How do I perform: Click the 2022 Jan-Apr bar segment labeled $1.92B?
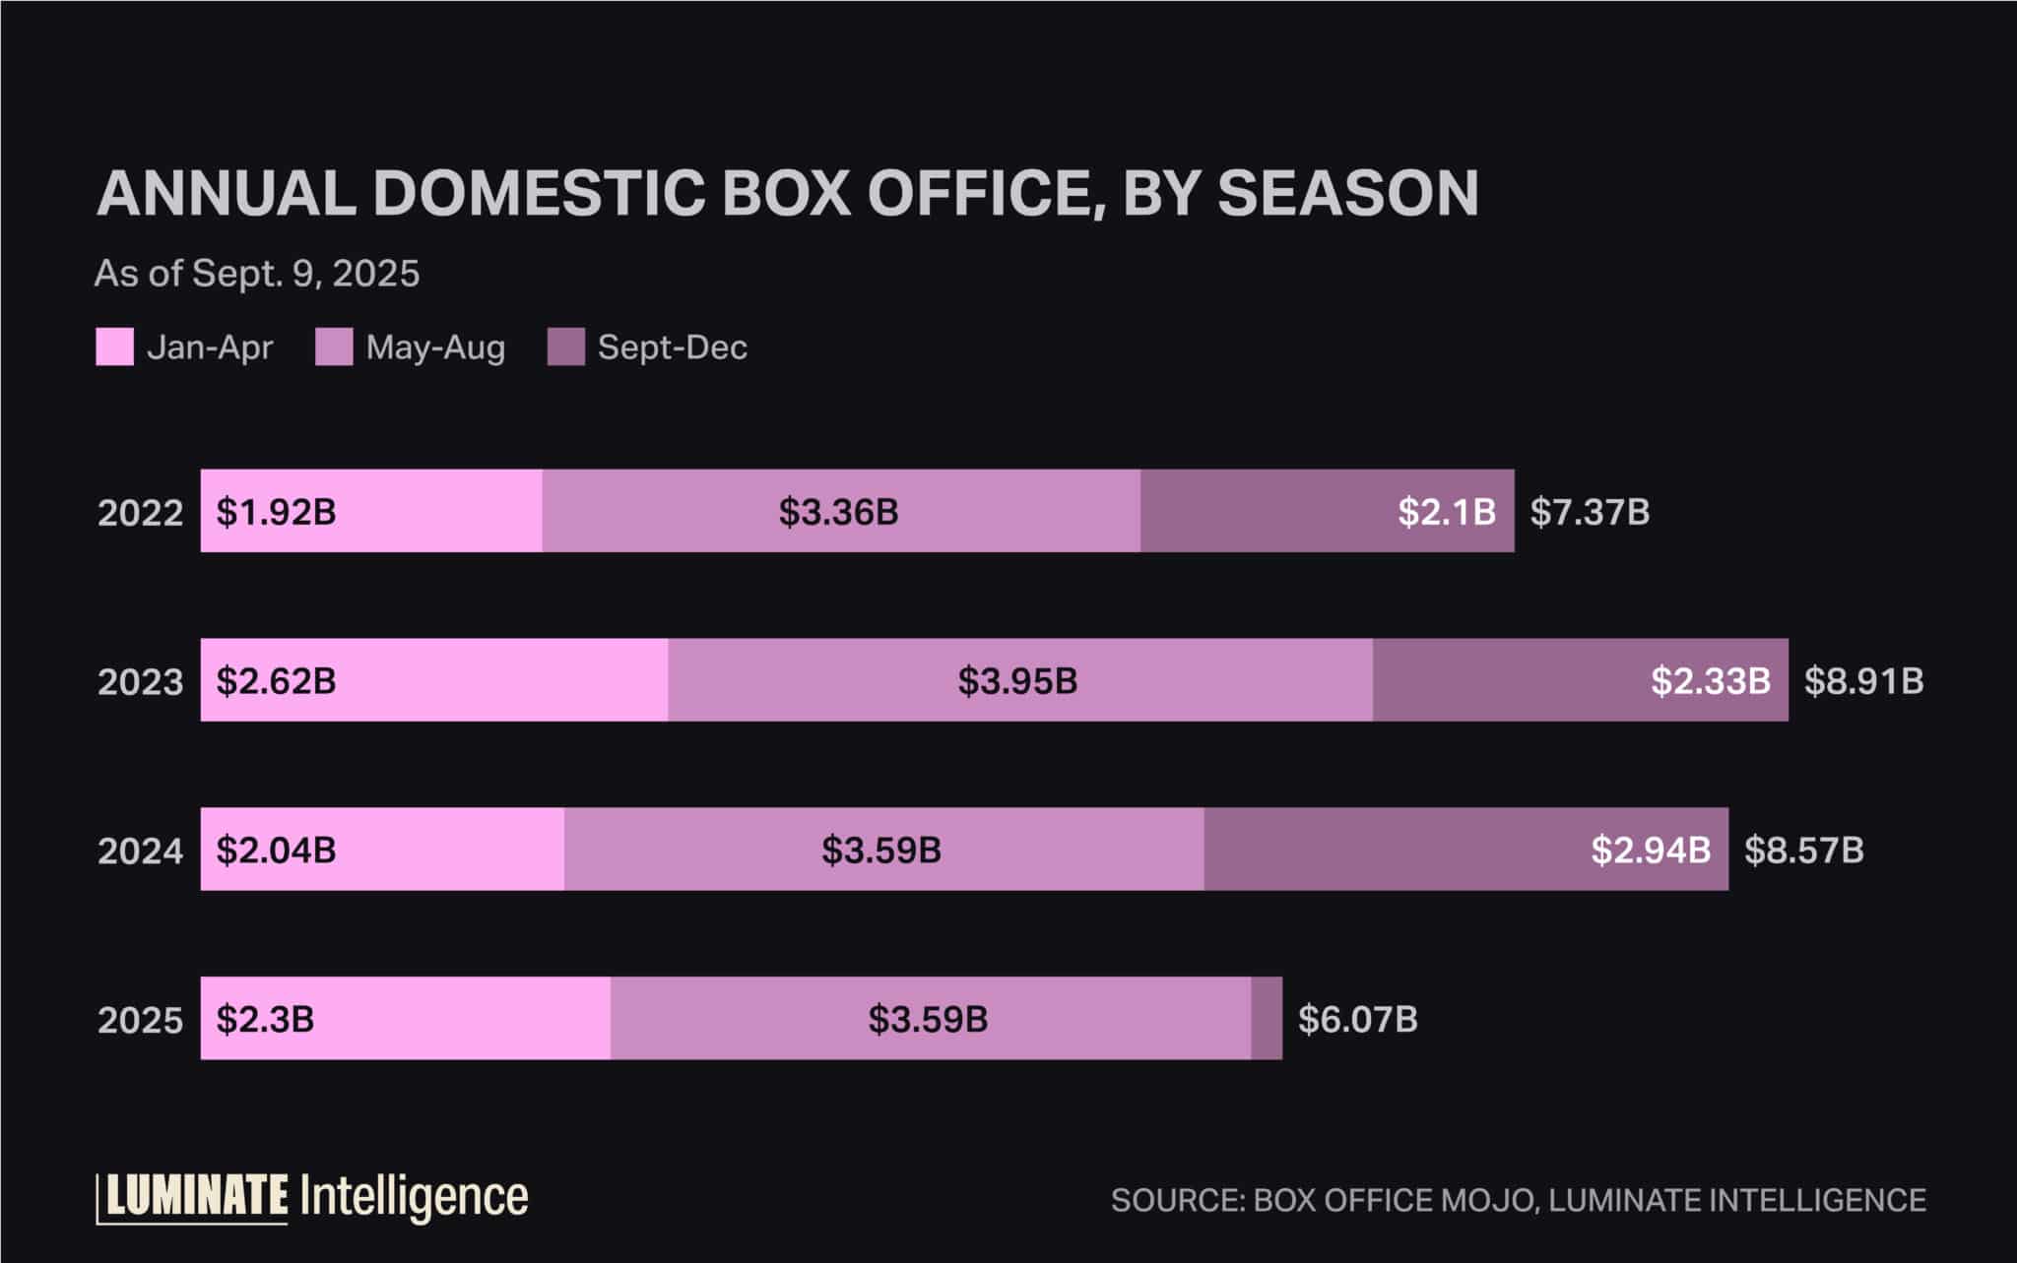pos(371,511)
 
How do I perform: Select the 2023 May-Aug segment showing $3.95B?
pos(1019,680)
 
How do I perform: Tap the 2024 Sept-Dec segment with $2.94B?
pos(1465,850)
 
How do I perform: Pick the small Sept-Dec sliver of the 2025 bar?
pos(1267,1019)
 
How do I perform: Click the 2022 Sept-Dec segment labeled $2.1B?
pos(1327,511)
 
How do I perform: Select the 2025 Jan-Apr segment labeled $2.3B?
pos(405,1019)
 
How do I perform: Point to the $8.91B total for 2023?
pos(1863,681)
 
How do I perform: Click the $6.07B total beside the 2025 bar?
pos(1357,1020)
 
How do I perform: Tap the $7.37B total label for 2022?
pos(1590,512)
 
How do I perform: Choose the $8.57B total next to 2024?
pos(1803,851)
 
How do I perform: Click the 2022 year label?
pos(140,513)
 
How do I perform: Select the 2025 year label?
pos(140,1021)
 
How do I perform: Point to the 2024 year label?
pos(140,852)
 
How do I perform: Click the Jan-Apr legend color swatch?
pos(114,347)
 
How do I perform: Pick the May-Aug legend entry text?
pos(435,347)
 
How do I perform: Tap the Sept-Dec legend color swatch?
pos(566,347)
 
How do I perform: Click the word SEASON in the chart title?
pos(1347,193)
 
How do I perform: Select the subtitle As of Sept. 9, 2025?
pos(257,274)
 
